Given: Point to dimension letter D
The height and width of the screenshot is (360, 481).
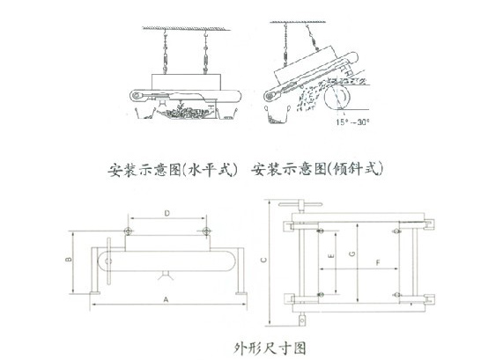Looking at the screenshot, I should point(167,213).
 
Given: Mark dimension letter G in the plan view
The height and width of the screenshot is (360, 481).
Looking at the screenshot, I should point(352,253).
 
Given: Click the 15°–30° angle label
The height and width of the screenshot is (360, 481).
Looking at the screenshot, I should point(344,121).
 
